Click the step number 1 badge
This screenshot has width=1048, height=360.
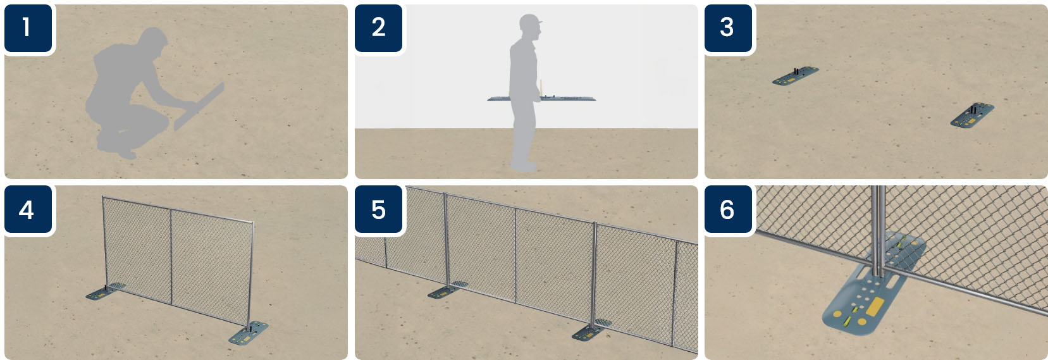(28, 28)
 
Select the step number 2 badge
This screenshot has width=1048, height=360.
(378, 28)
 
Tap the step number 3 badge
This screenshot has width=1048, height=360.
(729, 28)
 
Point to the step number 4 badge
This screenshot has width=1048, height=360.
(28, 209)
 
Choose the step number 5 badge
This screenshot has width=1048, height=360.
(378, 209)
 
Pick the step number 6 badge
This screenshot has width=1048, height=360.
(729, 209)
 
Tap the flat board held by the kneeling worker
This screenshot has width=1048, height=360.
(199, 107)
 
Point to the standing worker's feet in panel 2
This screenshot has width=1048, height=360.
(524, 166)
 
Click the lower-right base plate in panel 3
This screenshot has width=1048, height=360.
(972, 115)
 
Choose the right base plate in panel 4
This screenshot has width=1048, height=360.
(249, 333)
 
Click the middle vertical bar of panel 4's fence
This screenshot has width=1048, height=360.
(171, 257)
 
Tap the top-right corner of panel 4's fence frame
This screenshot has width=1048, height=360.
(253, 223)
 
